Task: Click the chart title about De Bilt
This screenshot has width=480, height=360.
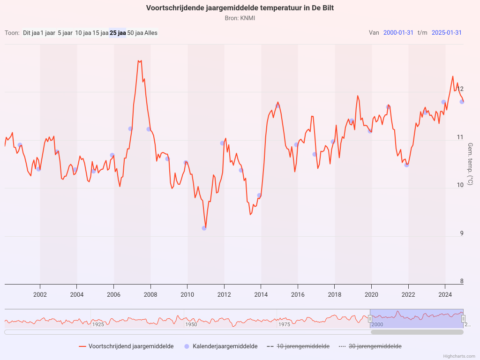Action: coord(240,8)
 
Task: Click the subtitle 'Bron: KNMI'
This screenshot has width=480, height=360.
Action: coord(240,18)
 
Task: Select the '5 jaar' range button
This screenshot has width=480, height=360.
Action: coord(65,33)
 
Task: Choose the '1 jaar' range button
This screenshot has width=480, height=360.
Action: coord(48,33)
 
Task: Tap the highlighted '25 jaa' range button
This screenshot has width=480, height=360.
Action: coord(118,33)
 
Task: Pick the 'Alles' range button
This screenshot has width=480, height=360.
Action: coord(151,33)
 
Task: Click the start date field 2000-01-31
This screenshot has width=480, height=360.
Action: coord(398,32)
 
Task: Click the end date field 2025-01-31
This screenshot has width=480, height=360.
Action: coord(447,32)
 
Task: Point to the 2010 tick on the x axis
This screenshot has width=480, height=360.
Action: coord(187,294)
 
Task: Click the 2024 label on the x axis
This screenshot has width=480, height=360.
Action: coord(445,294)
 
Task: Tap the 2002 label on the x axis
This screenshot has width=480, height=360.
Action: coord(40,294)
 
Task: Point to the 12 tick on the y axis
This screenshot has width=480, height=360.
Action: coord(460,89)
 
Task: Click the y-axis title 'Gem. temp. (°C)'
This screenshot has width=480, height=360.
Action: coord(470,164)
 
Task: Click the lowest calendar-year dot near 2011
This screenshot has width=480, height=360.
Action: coord(204,228)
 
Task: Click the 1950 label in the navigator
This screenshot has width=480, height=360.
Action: coord(191,324)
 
